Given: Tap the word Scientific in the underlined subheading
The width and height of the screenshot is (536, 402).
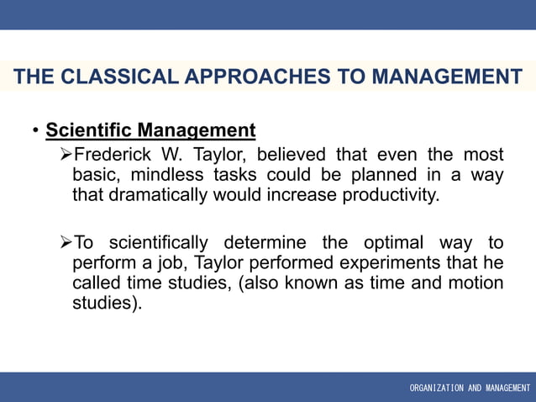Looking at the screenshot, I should (x=90, y=130).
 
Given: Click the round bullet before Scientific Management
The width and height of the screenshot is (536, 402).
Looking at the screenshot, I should (x=35, y=131).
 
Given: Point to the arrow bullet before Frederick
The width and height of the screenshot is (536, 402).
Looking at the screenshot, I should (x=66, y=155).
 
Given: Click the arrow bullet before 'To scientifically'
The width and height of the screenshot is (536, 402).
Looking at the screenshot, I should (x=66, y=243).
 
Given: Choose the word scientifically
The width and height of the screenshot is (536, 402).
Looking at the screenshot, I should (x=166, y=243).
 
